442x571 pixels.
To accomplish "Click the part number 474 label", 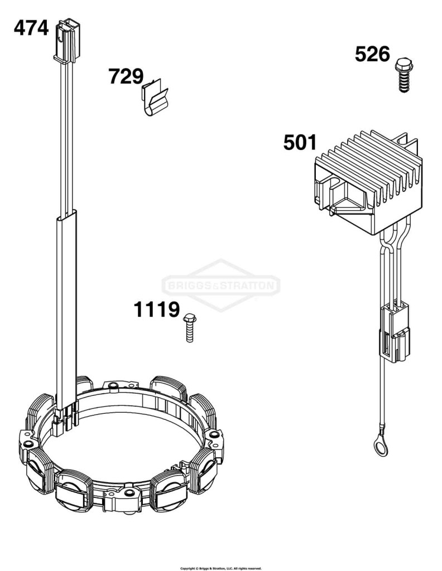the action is coord(31,28).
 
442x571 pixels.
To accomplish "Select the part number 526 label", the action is coord(372,54).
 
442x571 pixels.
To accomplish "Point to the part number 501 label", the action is coord(300,142).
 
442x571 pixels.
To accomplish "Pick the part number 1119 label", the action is coord(157,309).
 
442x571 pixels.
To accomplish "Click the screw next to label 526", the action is coord(402,74).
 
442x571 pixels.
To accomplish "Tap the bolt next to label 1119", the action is coord(189,327).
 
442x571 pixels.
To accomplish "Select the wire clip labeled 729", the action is coord(154,97).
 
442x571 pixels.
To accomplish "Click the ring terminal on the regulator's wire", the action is coord(379,447).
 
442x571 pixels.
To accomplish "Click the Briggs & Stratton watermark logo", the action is coord(221,285).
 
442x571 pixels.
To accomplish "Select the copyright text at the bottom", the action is coord(221,568).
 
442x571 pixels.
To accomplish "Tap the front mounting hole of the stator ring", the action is coord(128,494).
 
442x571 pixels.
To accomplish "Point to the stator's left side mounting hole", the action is coord(27,444).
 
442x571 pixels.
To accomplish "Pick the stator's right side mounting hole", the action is coord(214,434).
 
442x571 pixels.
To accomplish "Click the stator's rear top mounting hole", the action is coord(113,385).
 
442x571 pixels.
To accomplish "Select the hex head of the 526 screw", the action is coord(402,64).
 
